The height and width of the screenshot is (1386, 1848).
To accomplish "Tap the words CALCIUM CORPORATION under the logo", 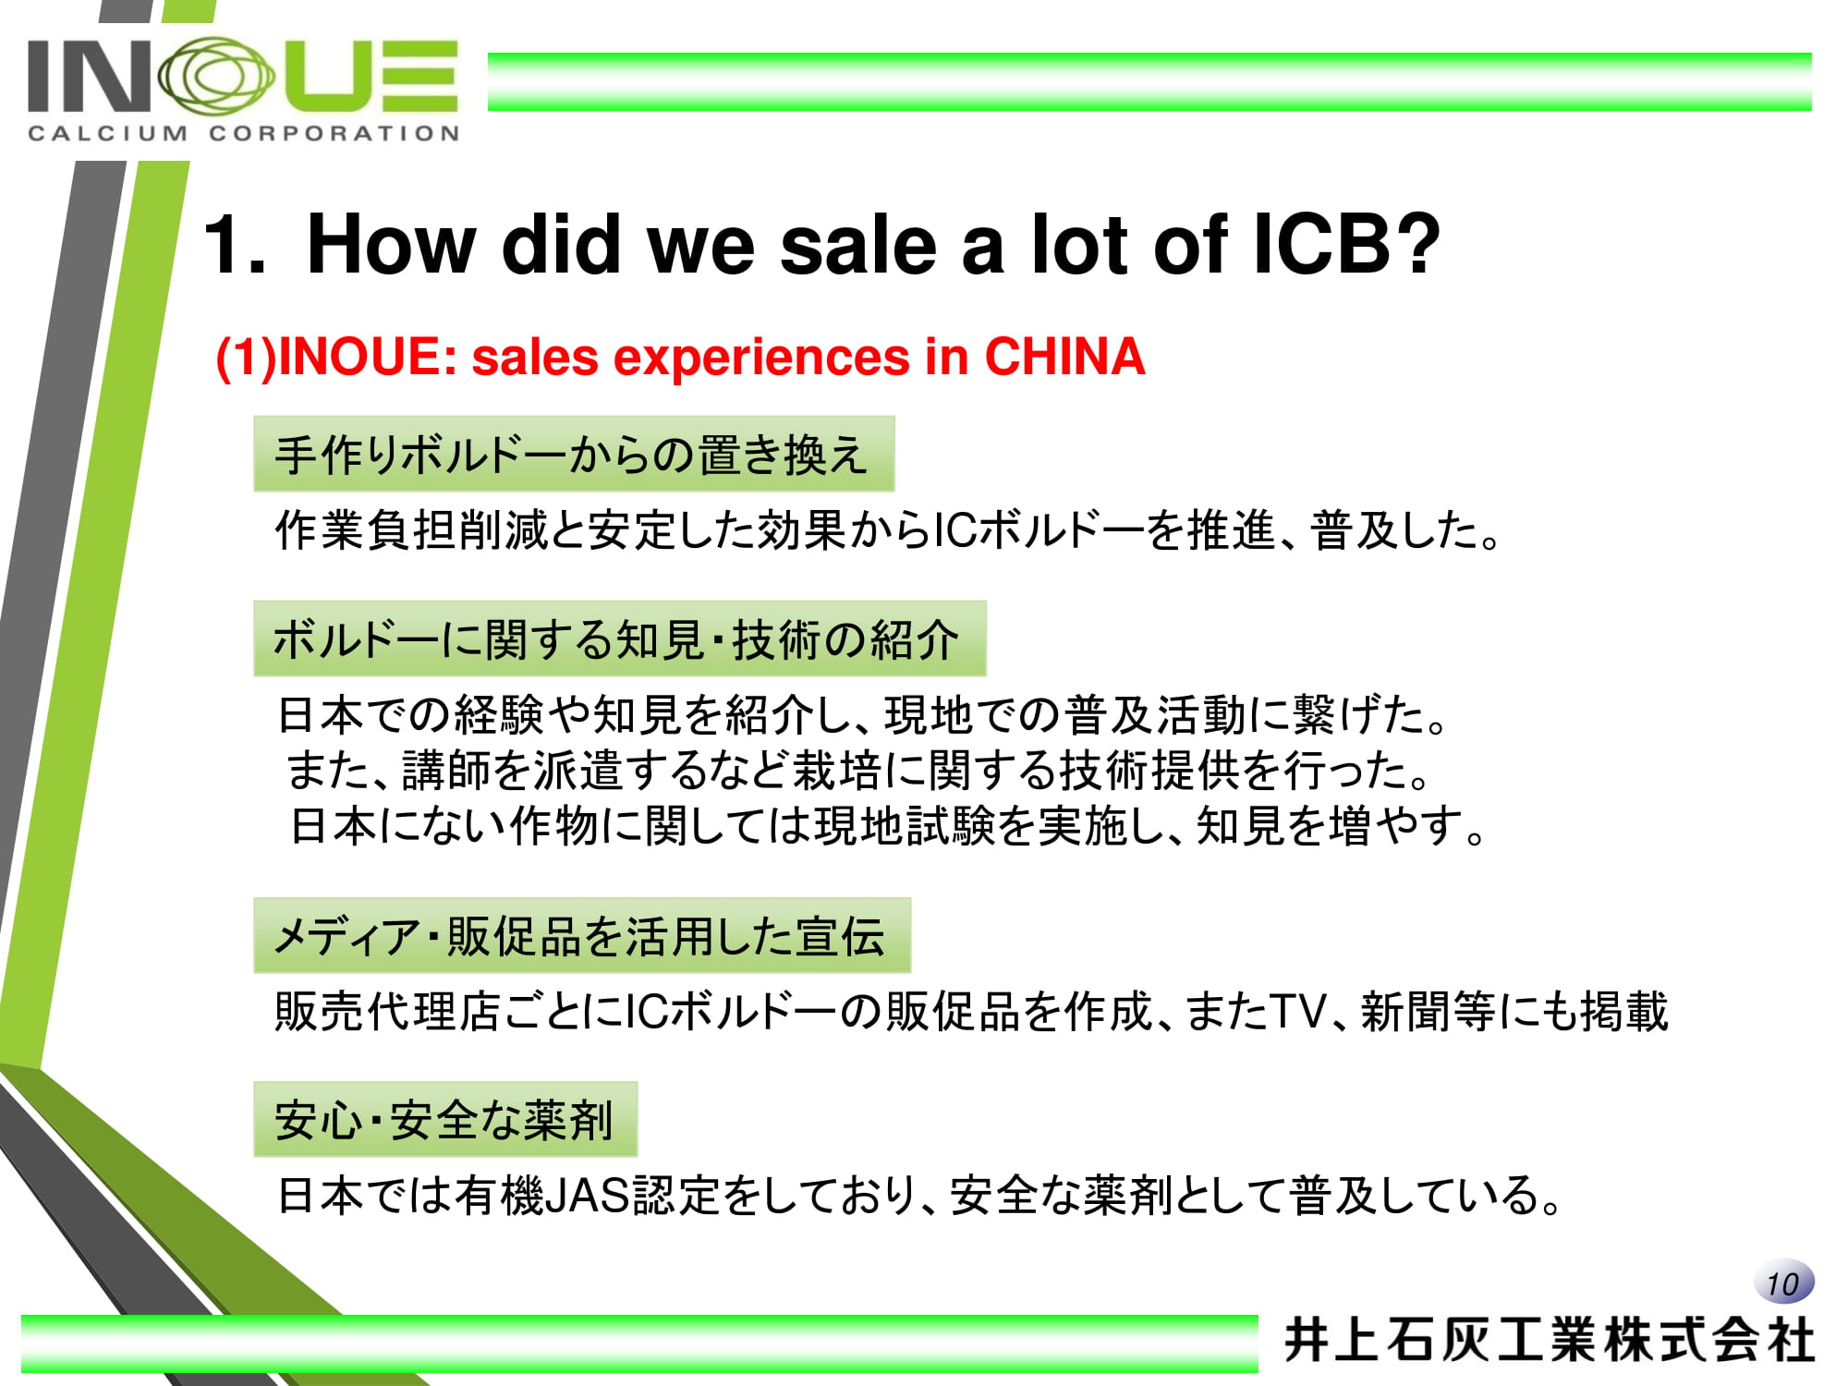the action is (x=244, y=133).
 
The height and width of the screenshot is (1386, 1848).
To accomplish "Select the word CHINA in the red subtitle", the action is (x=1064, y=357).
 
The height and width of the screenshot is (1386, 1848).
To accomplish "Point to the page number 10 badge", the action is (x=1783, y=1282).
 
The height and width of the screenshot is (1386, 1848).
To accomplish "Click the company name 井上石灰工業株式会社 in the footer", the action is (x=1550, y=1341).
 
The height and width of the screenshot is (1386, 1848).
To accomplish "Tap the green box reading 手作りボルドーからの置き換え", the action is (x=574, y=454).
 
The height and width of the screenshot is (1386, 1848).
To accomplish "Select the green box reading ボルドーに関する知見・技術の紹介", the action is (x=620, y=638).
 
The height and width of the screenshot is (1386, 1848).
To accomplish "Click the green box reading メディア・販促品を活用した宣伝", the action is (x=582, y=935).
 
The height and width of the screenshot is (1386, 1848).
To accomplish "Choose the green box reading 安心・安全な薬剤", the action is (x=445, y=1119).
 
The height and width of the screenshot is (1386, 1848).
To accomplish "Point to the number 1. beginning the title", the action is (x=235, y=244).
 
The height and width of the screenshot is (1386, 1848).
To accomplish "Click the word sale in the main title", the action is (x=858, y=244).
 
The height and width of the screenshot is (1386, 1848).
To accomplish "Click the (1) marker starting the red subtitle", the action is (x=246, y=359).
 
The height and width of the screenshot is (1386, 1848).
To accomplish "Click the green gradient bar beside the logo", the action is (x=1149, y=81).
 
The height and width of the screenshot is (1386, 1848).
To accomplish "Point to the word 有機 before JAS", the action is (x=499, y=1195).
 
